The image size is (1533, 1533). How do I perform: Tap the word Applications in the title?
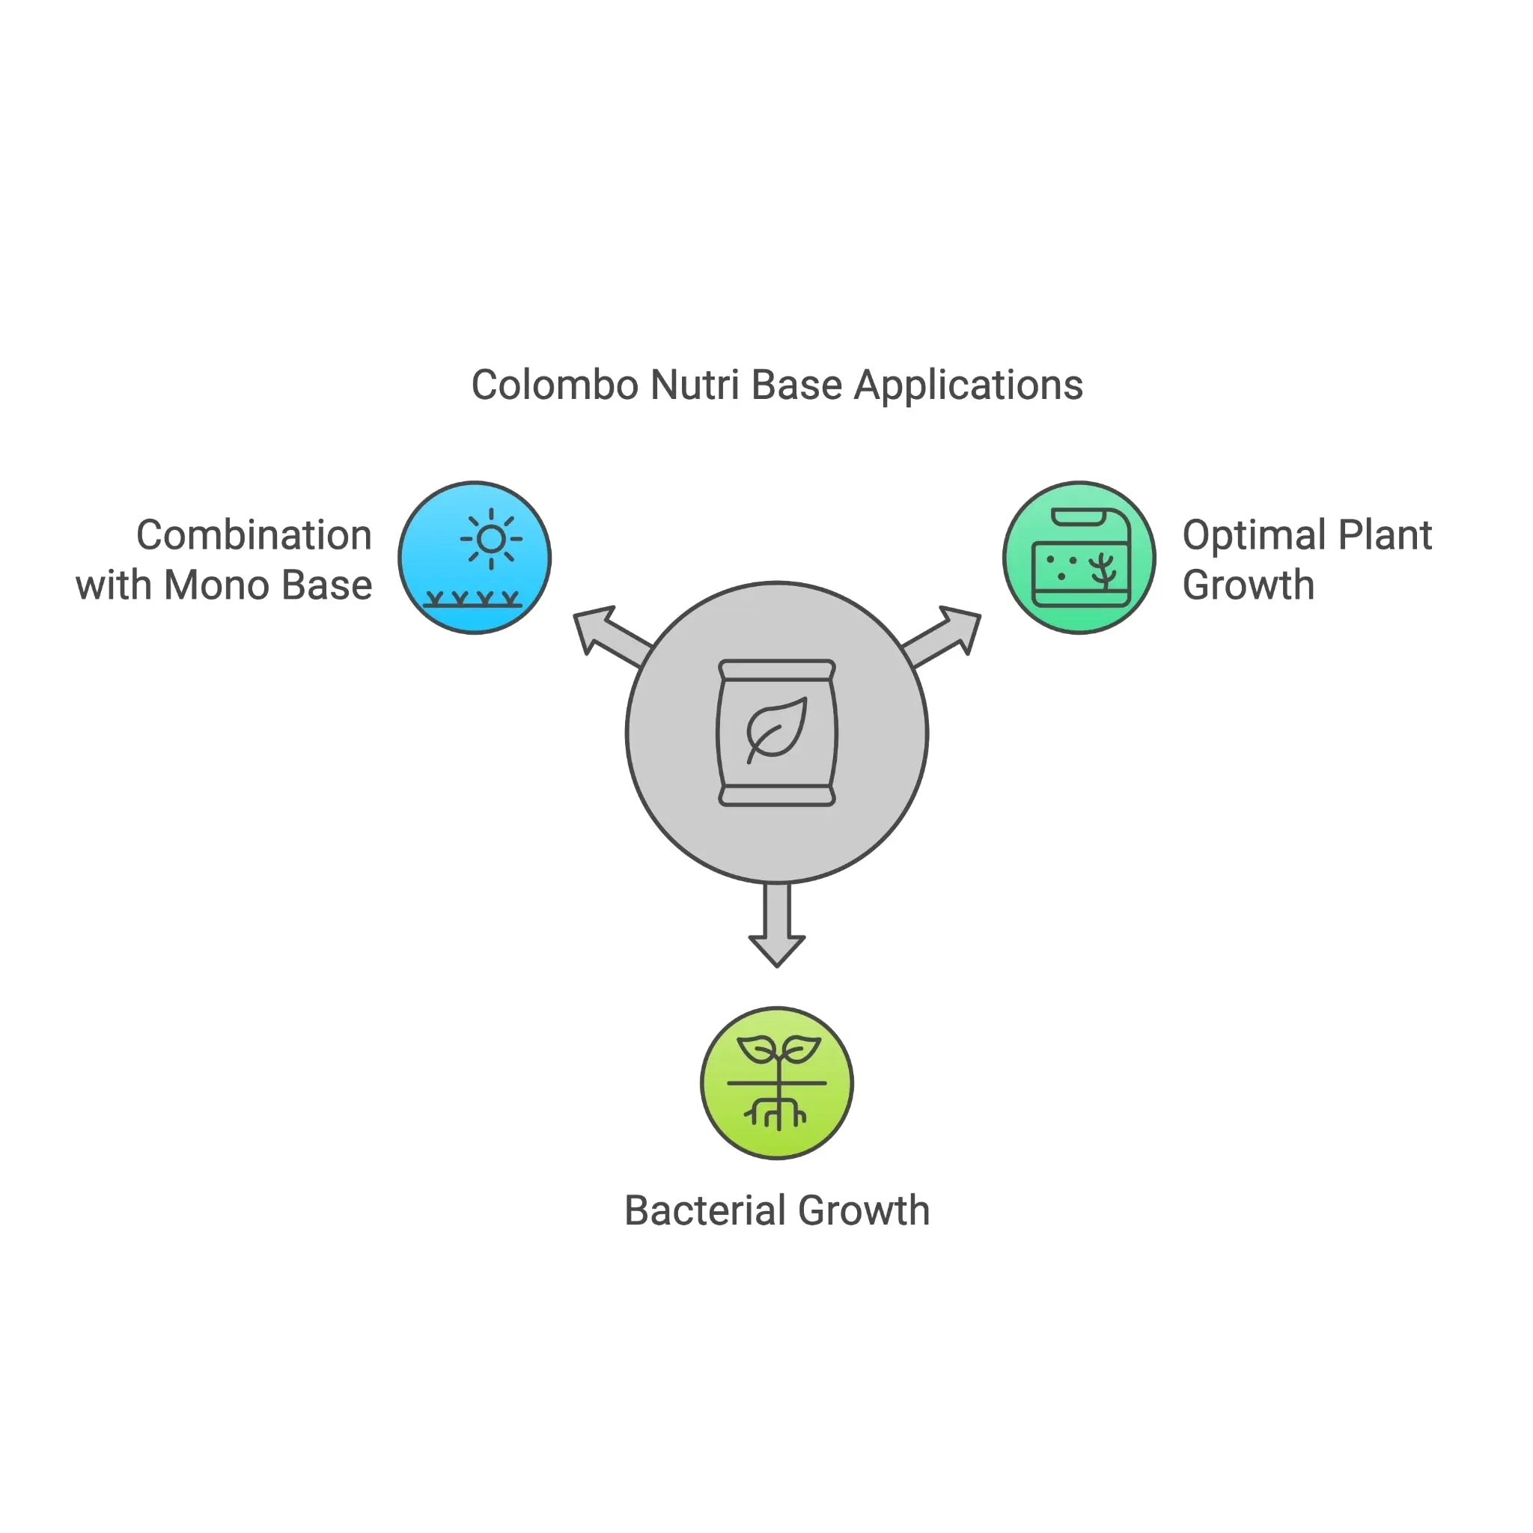[x=968, y=385]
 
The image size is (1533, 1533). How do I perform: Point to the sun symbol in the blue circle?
[x=491, y=540]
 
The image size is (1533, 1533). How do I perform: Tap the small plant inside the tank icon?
[x=1102, y=570]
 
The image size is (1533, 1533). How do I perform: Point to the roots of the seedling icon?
[x=778, y=1112]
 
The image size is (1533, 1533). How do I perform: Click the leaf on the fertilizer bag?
[x=776, y=728]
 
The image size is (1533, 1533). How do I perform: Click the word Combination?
[x=254, y=536]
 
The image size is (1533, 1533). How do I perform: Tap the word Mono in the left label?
[x=216, y=585]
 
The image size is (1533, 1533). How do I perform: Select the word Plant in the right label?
[x=1385, y=536]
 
